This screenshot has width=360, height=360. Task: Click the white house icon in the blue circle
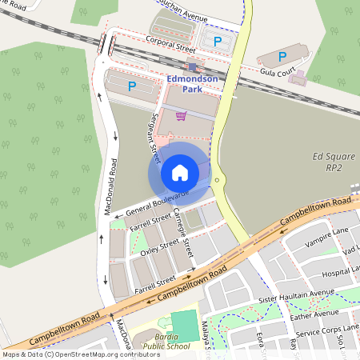(180, 172)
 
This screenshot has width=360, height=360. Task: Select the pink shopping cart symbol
(181, 115)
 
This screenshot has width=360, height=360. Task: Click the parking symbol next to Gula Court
(282, 57)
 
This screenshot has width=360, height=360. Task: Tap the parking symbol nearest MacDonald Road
(132, 85)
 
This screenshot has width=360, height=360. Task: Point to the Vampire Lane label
(326, 231)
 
